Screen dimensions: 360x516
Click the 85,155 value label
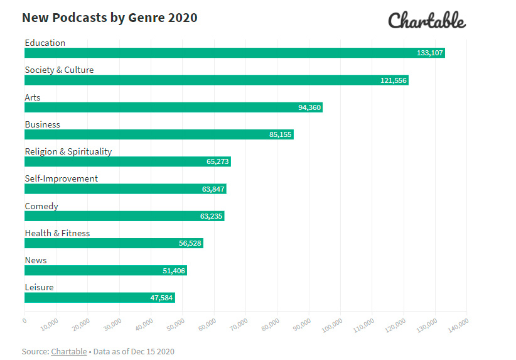point(281,134)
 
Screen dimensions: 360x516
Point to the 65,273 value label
point(218,161)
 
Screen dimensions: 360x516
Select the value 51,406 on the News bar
point(174,270)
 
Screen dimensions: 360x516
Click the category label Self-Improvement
point(62,178)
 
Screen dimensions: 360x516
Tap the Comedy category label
point(41,206)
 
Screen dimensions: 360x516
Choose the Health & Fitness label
point(57,233)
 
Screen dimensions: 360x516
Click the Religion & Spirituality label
point(68,151)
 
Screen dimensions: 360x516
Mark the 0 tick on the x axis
point(24,320)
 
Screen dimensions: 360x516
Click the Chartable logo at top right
point(427,21)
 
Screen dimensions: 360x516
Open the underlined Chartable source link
point(69,351)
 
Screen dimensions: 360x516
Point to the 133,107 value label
point(430,53)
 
